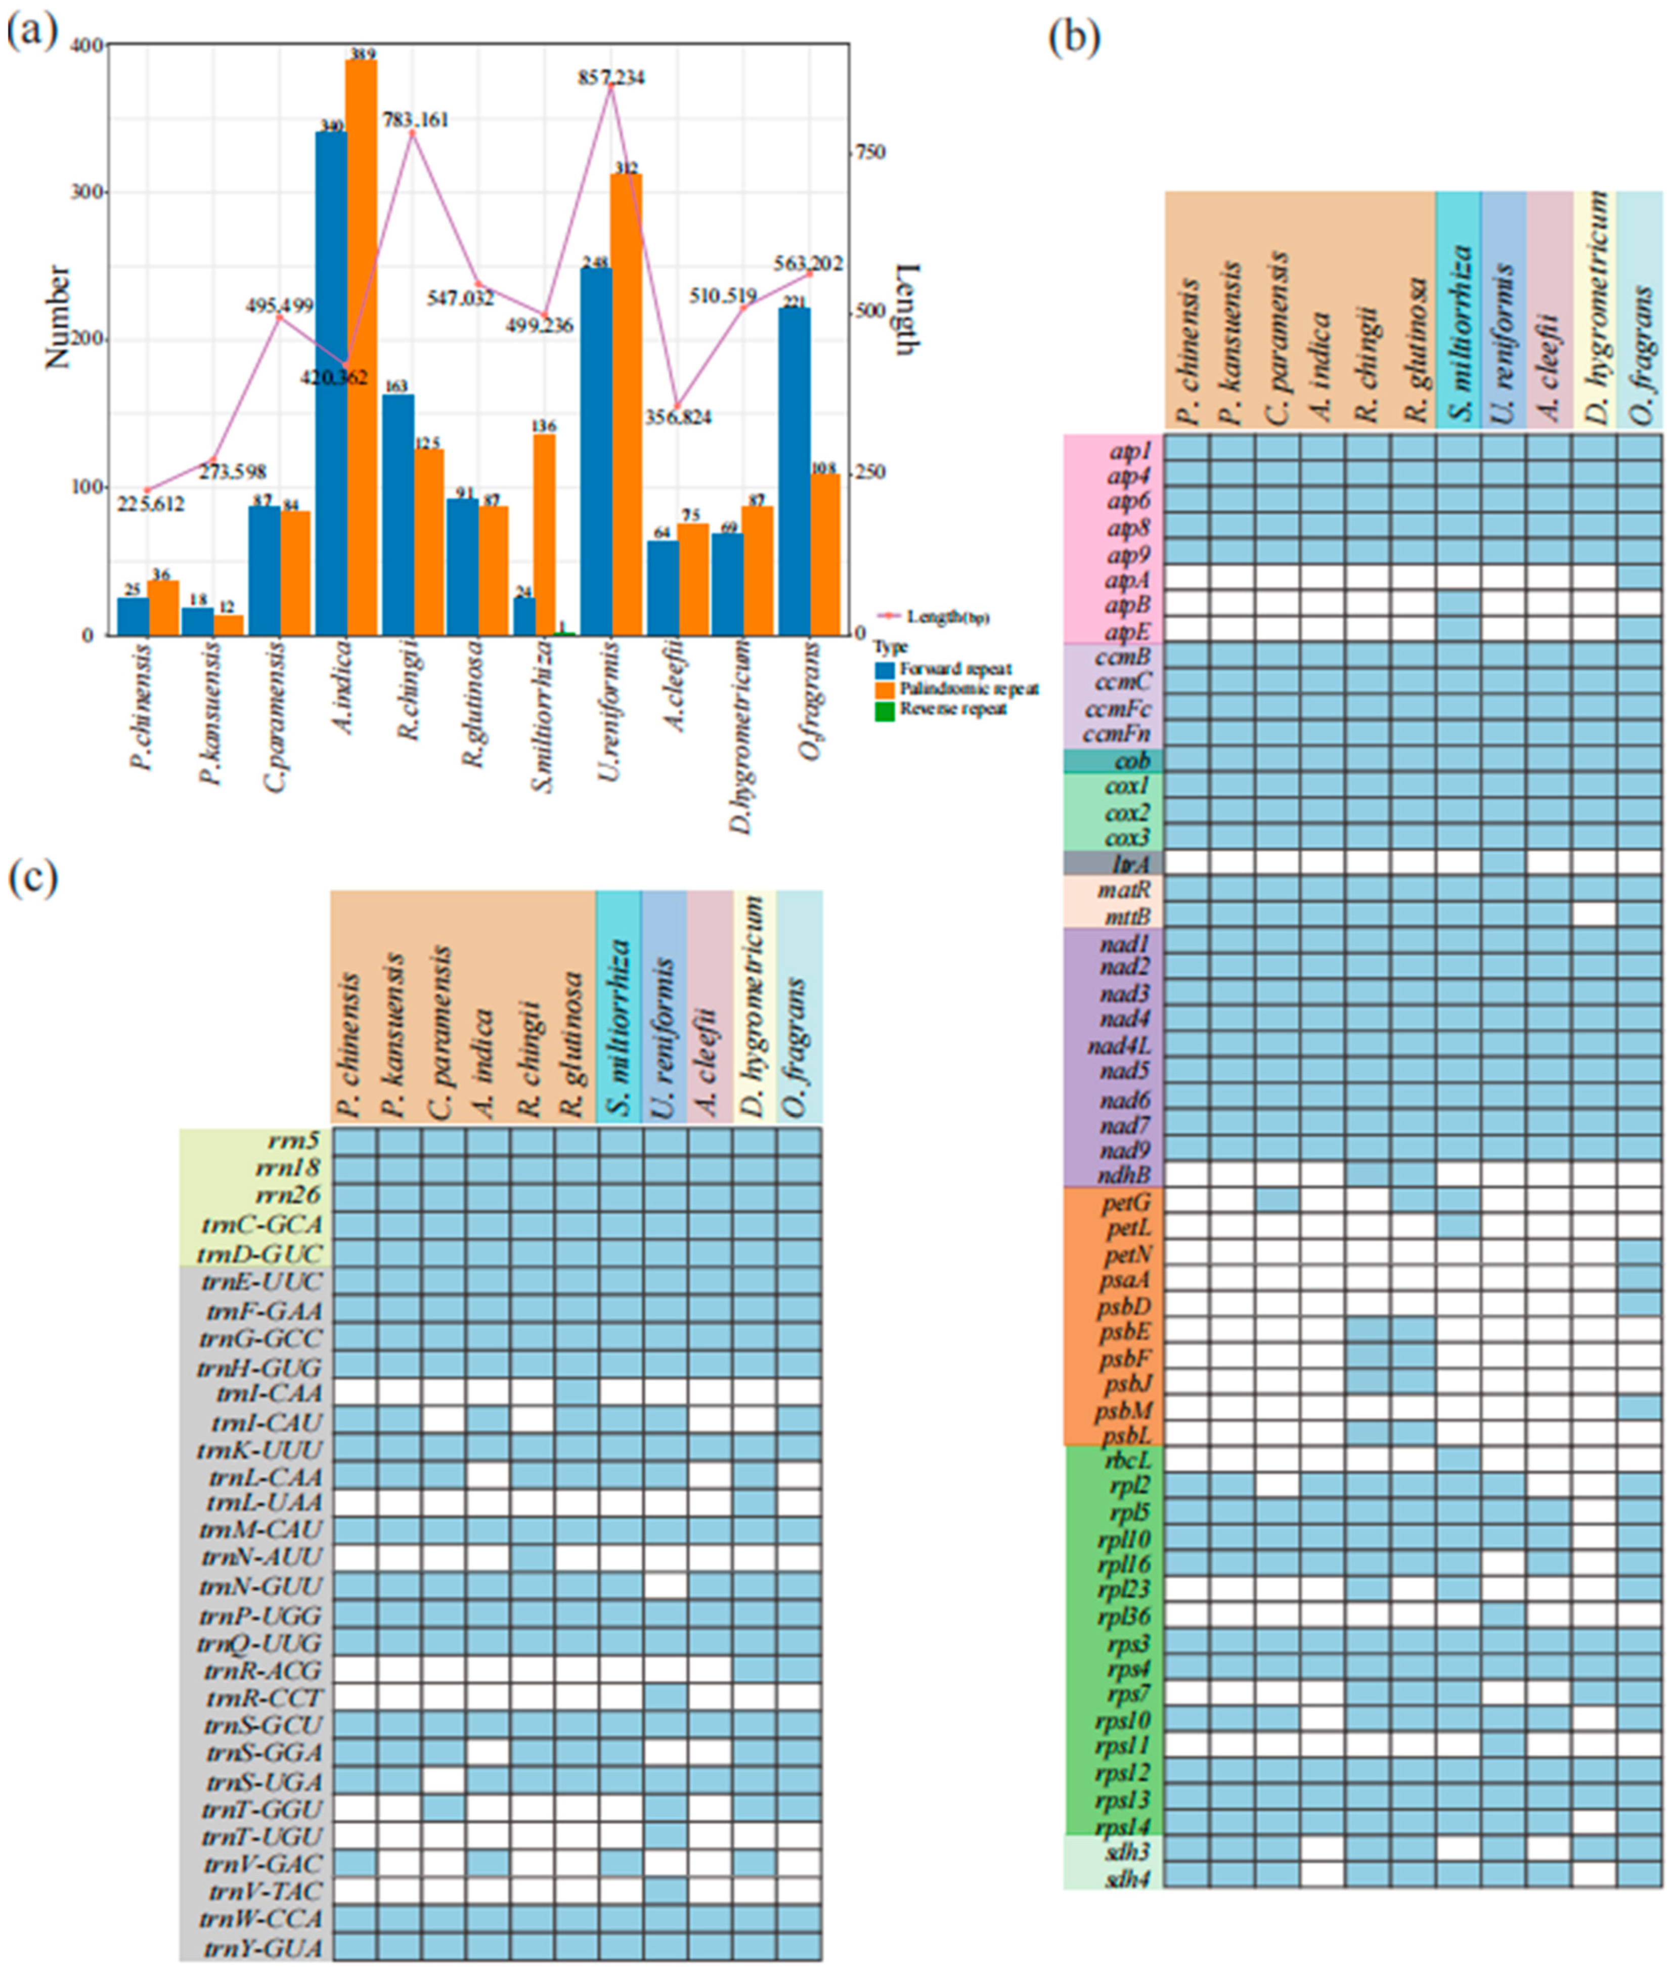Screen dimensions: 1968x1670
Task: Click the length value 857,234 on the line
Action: tap(611, 77)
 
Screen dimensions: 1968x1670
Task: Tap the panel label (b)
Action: tap(1075, 38)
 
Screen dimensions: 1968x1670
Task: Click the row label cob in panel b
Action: tap(1131, 761)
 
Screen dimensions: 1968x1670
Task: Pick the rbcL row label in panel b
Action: tap(1128, 1459)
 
